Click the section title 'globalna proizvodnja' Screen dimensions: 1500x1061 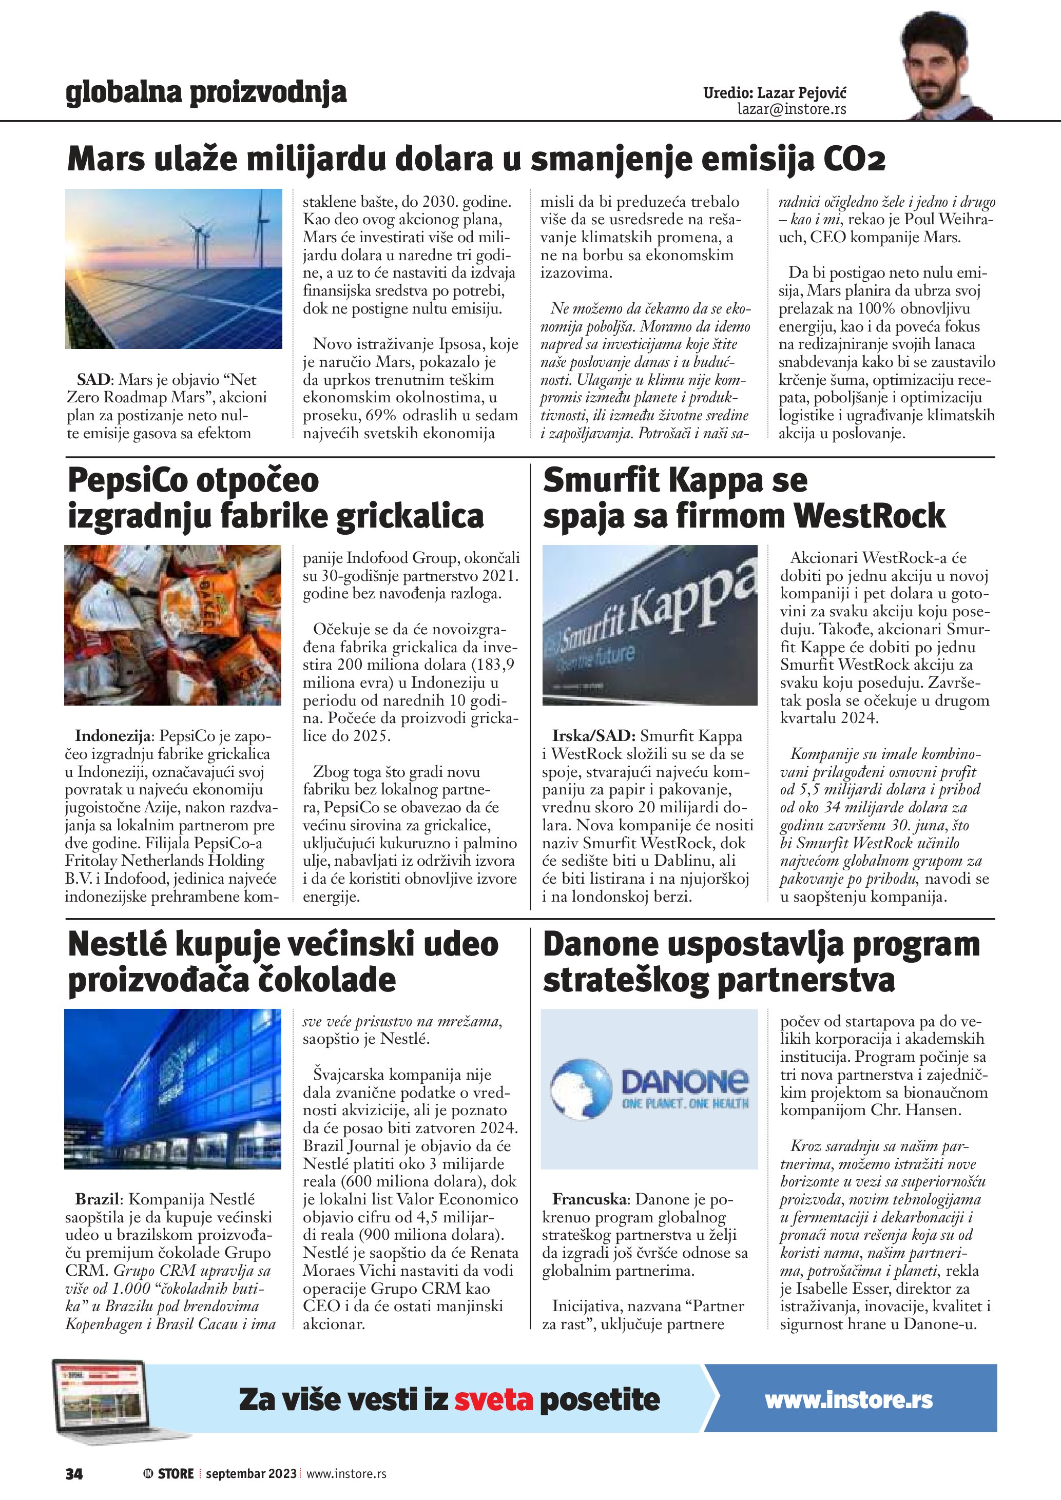[x=206, y=93]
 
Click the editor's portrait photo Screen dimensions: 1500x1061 [x=944, y=65]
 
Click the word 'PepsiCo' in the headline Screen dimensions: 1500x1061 [x=127, y=480]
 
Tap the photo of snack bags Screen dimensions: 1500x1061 [x=172, y=625]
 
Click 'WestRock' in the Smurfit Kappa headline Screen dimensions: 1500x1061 [x=870, y=516]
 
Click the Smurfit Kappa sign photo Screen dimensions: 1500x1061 [x=649, y=625]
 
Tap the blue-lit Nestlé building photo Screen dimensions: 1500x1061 [x=172, y=1089]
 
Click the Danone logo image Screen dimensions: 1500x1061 [x=649, y=1089]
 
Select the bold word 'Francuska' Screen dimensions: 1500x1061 [x=590, y=1199]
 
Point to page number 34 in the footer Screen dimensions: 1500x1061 [x=74, y=1473]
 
